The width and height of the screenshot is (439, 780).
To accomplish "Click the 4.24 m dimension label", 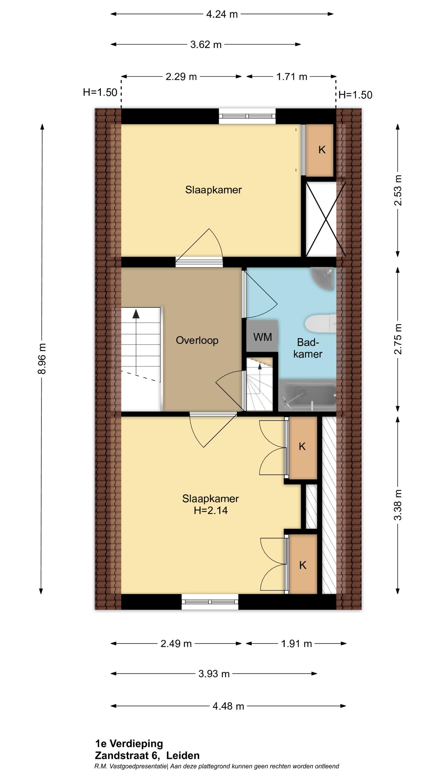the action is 222,14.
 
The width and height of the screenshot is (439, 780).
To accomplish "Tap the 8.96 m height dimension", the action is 42,358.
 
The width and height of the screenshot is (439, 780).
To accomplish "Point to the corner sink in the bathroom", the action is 323,278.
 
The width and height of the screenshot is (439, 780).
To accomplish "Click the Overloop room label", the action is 197,340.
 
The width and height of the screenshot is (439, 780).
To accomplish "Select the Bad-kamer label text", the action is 308,348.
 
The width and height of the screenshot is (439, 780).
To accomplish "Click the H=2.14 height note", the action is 211,510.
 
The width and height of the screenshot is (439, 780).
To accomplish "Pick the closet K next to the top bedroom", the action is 319,150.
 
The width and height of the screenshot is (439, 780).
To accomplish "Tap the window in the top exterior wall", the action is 247,116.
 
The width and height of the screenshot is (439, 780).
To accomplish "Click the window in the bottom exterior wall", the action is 210,602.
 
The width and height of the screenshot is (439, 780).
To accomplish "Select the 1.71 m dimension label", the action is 292,77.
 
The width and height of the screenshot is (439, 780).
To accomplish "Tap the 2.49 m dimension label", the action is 176,643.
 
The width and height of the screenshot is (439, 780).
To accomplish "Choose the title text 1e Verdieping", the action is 129,744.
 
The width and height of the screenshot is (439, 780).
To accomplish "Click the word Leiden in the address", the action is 183,755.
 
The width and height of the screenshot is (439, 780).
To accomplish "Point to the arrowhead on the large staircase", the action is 136,314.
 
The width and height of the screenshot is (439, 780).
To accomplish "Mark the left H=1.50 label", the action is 100,92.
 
